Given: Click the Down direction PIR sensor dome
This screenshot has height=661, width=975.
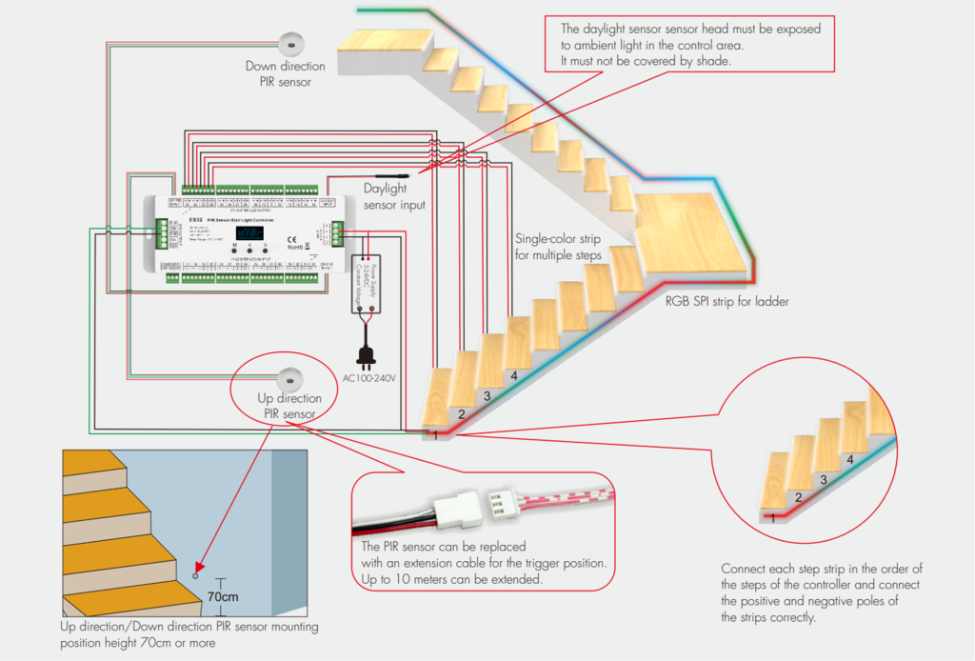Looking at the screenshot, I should click(x=290, y=43).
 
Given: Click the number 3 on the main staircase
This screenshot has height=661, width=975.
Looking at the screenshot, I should click(x=487, y=395).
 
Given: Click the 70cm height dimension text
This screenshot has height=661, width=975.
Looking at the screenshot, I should click(x=221, y=596).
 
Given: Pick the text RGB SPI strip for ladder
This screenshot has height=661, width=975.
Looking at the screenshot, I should click(x=726, y=301).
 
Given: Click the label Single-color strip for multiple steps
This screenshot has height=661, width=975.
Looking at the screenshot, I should click(x=562, y=247).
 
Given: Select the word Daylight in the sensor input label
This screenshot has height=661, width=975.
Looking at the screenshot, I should click(x=386, y=190).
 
